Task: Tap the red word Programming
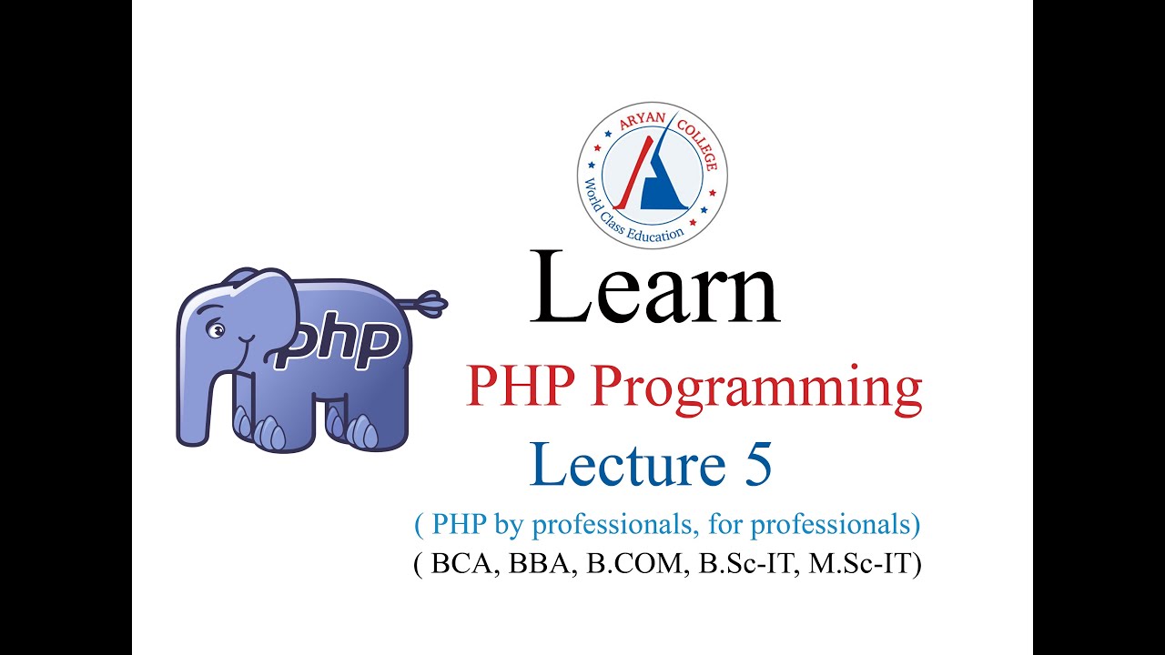tap(756, 388)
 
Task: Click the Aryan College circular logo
tap(652, 174)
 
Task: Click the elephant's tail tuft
tap(430, 300)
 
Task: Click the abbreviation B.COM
tap(638, 564)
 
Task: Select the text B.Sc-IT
tap(745, 564)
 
